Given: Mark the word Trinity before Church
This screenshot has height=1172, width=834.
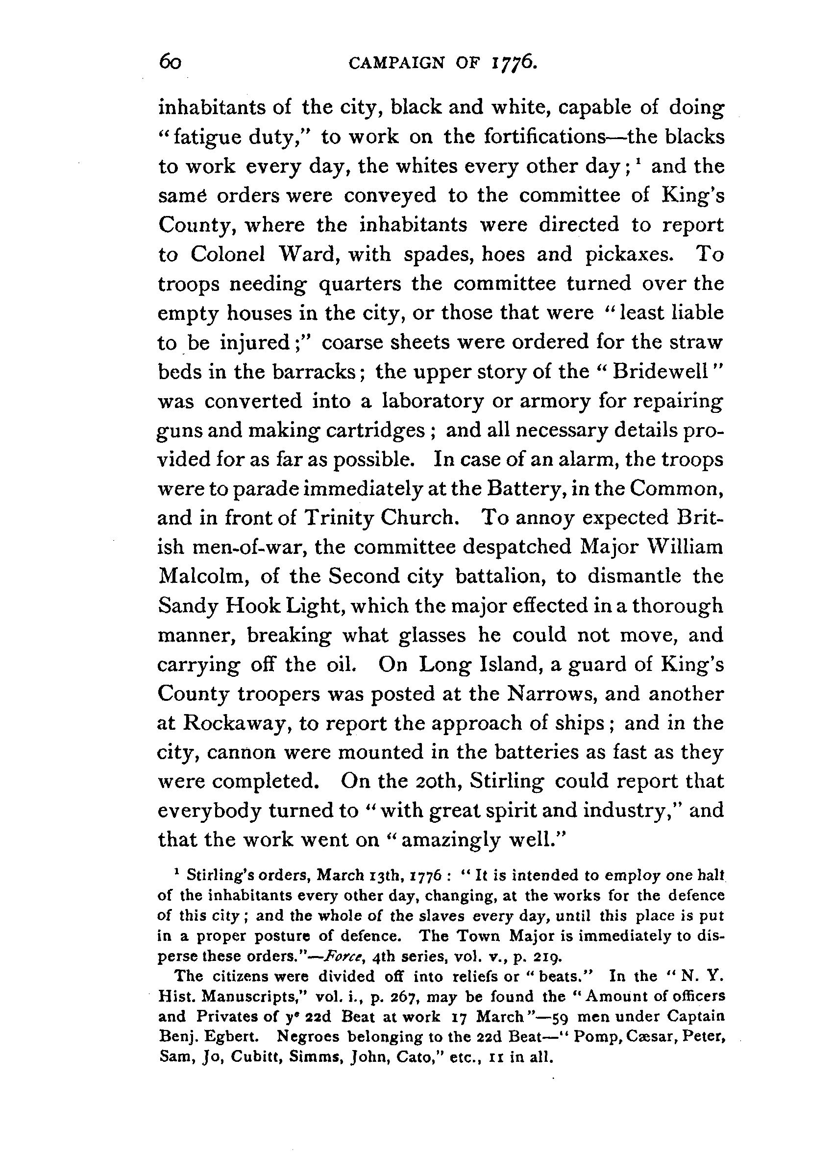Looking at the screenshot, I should coord(338,518).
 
